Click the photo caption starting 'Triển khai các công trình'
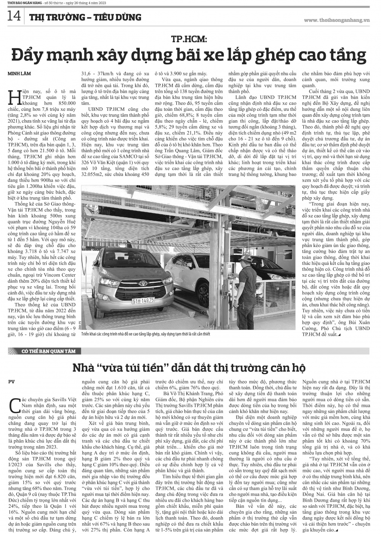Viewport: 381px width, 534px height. tap(145, 334)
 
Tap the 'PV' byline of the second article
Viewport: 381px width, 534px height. tap(12, 381)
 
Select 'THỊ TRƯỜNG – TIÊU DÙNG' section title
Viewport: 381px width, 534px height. tap(85, 17)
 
